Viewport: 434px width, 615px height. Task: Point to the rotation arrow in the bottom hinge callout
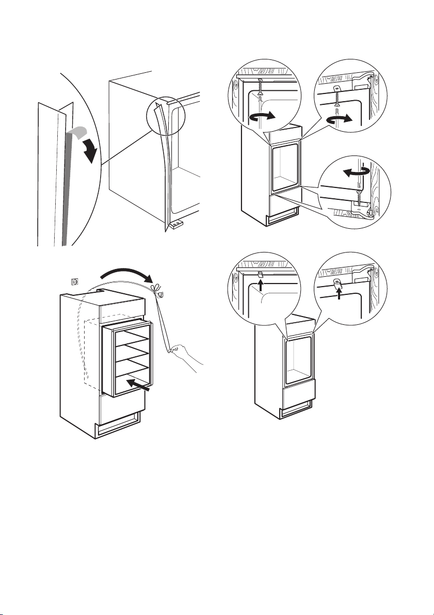[x=356, y=171]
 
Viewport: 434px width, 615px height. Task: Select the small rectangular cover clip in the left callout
[x=261, y=273]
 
